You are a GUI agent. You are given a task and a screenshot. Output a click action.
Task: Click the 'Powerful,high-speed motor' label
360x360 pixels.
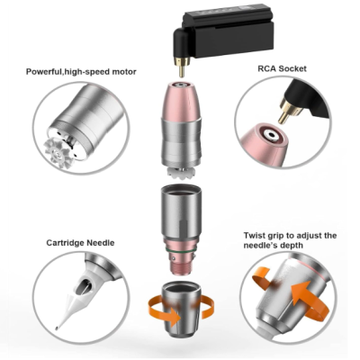click(x=81, y=72)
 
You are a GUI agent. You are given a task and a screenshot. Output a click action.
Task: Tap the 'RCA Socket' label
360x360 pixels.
click(x=282, y=68)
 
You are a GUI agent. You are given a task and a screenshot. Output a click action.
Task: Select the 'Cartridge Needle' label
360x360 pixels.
click(x=80, y=243)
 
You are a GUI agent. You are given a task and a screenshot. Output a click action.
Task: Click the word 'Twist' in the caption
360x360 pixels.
click(x=255, y=236)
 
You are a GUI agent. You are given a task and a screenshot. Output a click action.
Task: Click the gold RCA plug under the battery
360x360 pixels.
click(x=182, y=67)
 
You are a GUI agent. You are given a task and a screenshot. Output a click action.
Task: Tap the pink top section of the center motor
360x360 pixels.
click(x=180, y=101)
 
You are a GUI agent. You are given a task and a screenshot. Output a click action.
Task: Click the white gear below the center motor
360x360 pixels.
click(x=182, y=171)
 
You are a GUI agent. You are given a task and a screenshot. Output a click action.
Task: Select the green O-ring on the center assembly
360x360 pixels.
click(x=180, y=250)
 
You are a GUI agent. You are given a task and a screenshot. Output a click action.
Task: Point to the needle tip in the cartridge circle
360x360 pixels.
click(x=57, y=328)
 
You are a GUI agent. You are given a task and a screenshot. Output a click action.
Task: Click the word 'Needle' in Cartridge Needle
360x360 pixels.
click(x=100, y=243)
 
